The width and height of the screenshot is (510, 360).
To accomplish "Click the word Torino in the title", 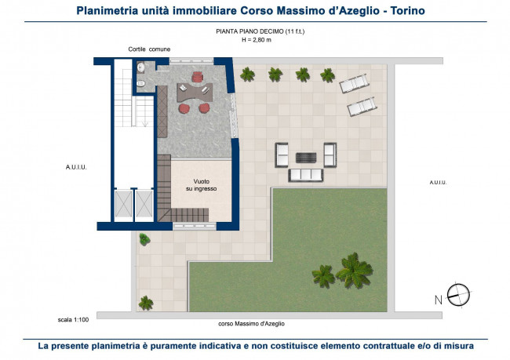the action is coord(407,11).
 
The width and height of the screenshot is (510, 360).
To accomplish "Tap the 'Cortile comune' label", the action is coord(149,49).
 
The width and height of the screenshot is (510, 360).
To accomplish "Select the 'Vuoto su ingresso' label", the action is coord(202,185).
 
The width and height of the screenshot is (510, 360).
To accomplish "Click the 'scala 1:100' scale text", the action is coord(73,320).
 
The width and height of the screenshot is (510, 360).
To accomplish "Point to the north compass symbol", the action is coord(458,295).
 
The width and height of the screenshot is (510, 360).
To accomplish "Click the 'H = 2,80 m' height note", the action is coord(257,40).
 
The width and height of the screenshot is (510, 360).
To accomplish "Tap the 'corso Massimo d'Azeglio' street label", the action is coord(251,324).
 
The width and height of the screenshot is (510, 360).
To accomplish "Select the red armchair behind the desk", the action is coord(198,77).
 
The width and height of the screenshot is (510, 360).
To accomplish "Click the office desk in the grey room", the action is coord(195,93).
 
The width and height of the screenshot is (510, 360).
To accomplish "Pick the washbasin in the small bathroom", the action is coord(141,67).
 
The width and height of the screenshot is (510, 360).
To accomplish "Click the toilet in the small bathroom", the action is coord(140,84).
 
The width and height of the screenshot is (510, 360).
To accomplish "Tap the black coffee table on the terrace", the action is coord(306,158).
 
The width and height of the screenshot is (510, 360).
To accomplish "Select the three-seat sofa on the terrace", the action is coord(306,175).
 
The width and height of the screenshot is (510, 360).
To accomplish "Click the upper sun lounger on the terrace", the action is coord(354,83).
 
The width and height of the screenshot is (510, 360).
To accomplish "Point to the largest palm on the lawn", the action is coord(354,271).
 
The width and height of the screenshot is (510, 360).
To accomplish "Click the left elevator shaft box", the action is coord(124,204).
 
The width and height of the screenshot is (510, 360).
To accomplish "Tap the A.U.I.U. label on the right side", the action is coord(438,183).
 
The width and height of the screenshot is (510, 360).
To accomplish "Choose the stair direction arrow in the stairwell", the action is coord(145,121).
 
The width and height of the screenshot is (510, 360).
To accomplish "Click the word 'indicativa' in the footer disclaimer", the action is coord(220,346).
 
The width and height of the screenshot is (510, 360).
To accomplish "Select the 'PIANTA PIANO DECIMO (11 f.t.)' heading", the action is coord(260,31).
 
